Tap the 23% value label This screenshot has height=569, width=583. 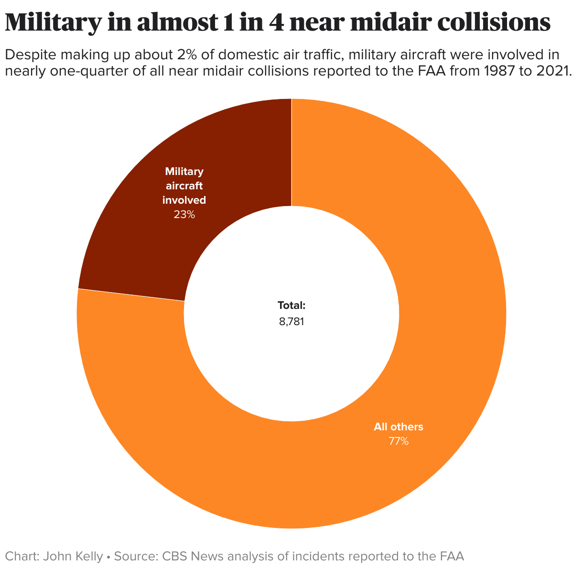coord(184,215)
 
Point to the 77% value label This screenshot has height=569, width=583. coord(399,441)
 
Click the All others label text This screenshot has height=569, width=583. coord(399,427)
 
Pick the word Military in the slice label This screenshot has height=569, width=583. coord(184,171)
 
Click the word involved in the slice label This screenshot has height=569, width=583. coord(184,200)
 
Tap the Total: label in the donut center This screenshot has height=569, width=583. coord(291,305)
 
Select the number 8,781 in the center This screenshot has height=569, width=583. coord(291,321)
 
